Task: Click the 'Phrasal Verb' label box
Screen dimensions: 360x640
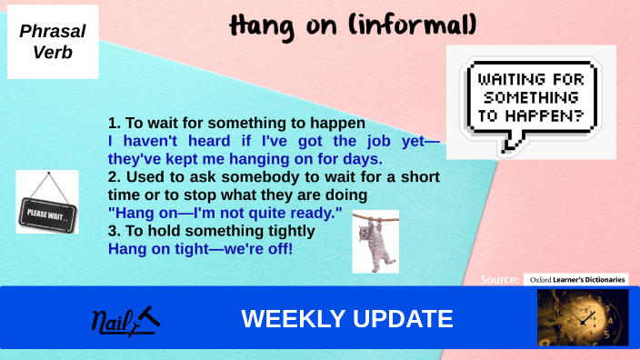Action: point(53,42)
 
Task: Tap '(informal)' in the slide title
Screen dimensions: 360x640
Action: point(383,25)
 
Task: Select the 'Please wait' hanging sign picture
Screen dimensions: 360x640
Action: point(47,202)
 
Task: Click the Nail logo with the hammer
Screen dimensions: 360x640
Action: point(125,320)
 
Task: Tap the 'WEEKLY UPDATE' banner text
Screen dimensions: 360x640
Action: point(346,319)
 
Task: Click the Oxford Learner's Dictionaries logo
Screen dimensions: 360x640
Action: point(575,279)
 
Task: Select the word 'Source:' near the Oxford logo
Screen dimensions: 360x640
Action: point(500,279)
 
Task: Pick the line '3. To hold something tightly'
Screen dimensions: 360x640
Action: point(199,231)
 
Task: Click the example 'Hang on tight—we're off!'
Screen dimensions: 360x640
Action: point(200,247)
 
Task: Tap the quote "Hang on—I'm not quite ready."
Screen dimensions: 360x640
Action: point(225,213)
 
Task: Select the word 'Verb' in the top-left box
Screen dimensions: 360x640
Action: point(53,53)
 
